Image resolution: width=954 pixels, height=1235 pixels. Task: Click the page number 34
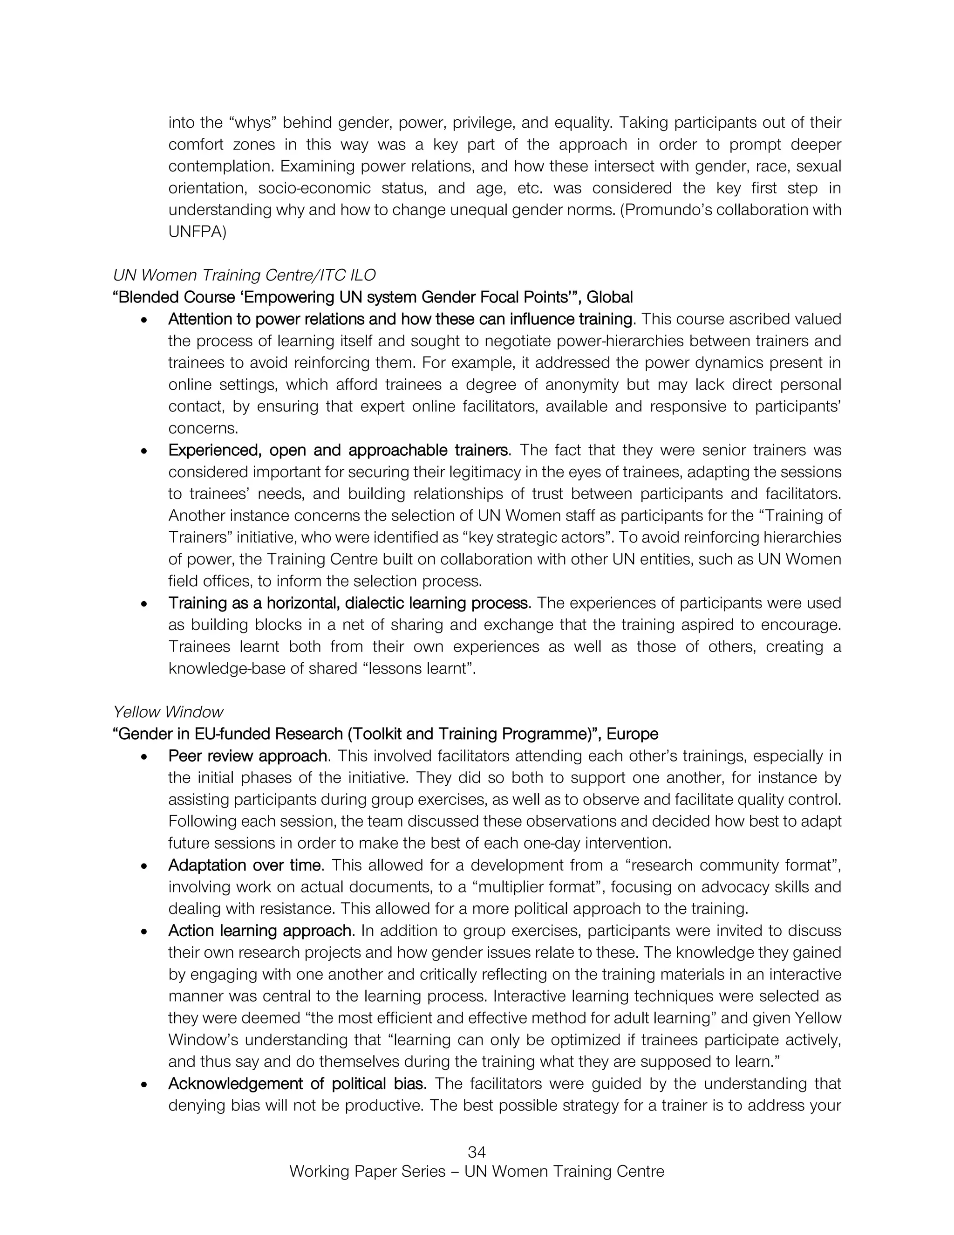(x=477, y=1152)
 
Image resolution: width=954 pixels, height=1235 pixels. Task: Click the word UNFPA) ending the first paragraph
(x=197, y=232)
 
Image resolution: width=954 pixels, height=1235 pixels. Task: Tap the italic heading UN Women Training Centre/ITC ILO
(x=244, y=275)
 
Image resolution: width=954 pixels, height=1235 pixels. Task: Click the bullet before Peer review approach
(x=145, y=756)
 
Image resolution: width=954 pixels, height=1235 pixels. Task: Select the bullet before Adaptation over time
(x=145, y=866)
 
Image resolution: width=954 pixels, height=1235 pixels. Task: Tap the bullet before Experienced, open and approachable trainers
(x=145, y=451)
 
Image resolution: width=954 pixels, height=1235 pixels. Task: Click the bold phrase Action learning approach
(x=260, y=930)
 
